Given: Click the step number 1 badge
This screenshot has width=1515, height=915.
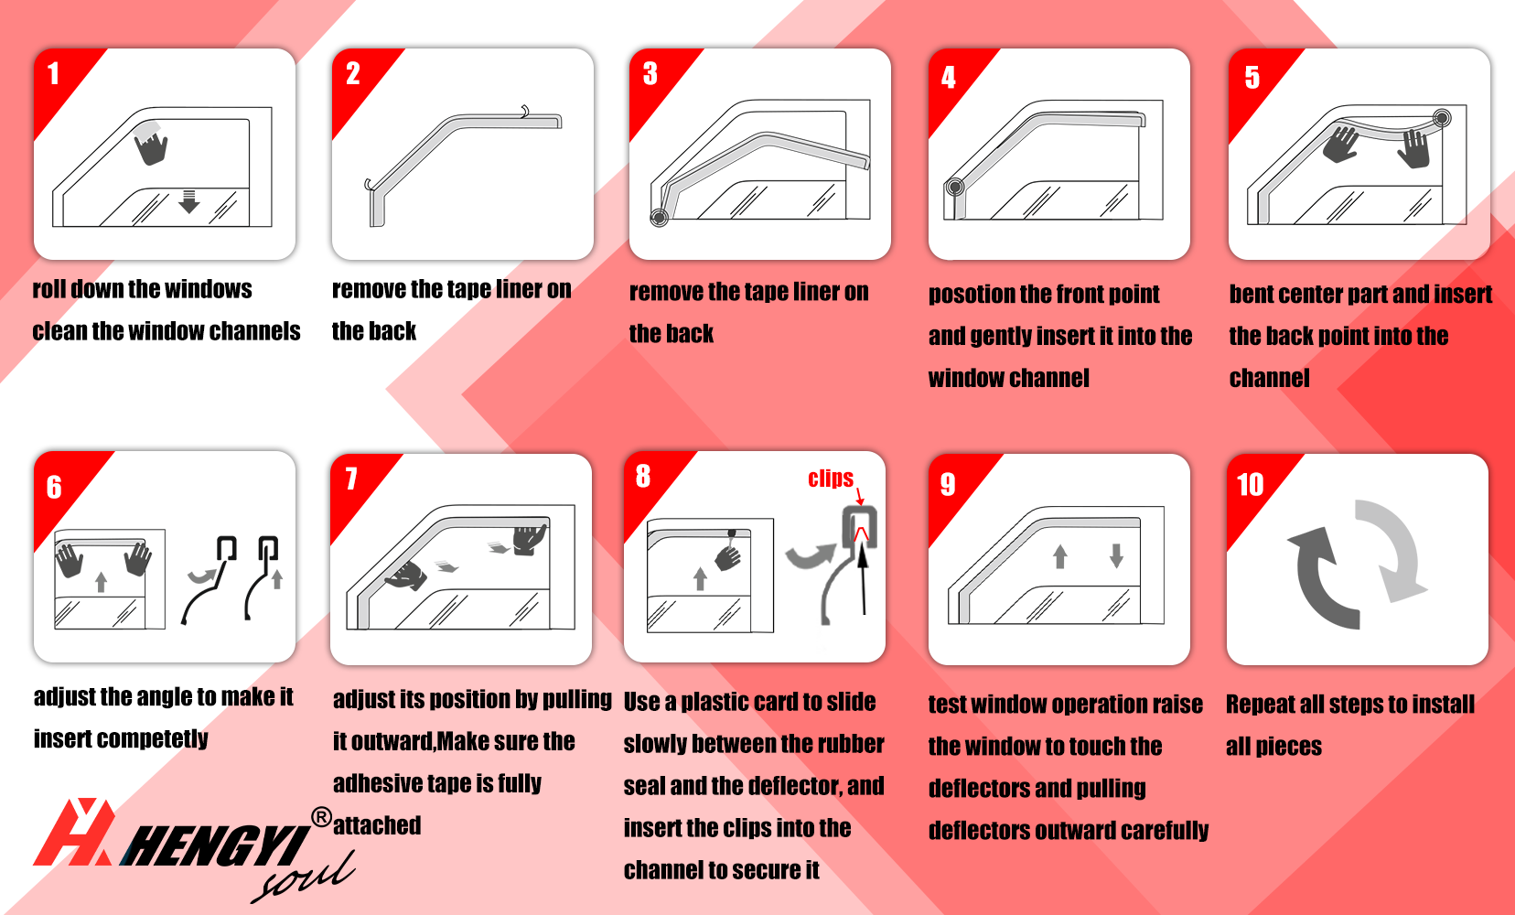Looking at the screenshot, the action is point(53,74).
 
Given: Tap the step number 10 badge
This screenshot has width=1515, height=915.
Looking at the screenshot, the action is point(1250,484).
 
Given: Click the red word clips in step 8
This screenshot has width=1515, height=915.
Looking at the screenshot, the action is point(831,479).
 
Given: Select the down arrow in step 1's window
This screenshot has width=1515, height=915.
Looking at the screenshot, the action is point(188,201).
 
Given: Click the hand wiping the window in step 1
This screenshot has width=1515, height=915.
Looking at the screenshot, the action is point(152,147).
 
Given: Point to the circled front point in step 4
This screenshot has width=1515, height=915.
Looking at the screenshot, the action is point(955,187).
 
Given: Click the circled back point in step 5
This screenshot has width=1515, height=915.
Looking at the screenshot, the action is point(1441,118).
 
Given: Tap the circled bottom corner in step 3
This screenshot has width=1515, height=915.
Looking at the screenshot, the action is point(659,217).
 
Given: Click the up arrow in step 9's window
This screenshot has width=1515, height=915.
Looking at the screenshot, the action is point(1059,556).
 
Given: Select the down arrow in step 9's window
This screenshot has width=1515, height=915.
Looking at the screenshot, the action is point(1116,556).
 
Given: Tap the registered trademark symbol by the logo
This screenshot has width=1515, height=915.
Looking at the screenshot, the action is point(321,818).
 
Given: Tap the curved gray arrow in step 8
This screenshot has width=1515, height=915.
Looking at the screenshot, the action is point(811,555).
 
